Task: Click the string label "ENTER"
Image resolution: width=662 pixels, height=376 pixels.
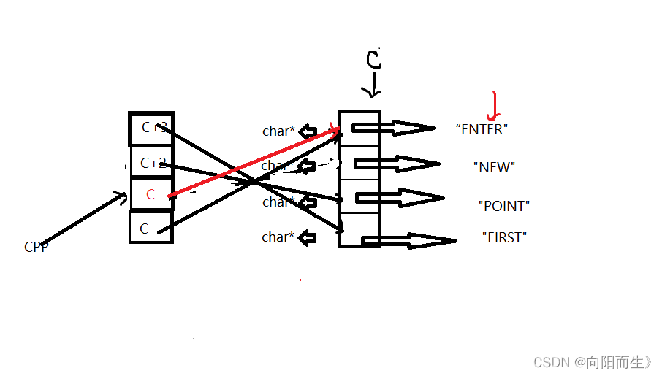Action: click(x=481, y=129)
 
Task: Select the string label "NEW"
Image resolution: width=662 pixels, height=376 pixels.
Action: click(x=494, y=167)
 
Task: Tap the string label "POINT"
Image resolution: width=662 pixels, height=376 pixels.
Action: click(x=503, y=206)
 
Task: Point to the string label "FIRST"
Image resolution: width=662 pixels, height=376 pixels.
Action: click(x=504, y=237)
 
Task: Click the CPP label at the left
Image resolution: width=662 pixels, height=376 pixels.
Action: click(x=36, y=247)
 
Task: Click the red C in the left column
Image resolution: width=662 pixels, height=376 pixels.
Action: click(x=151, y=195)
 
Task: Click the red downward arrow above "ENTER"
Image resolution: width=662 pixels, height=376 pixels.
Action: click(x=495, y=106)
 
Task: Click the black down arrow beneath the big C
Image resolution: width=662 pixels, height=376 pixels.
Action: click(x=373, y=87)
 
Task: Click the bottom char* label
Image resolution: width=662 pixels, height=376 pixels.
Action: click(x=278, y=237)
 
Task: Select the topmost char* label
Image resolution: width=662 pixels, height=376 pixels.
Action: click(x=278, y=131)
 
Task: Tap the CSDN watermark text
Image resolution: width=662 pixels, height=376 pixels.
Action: click(x=593, y=362)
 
